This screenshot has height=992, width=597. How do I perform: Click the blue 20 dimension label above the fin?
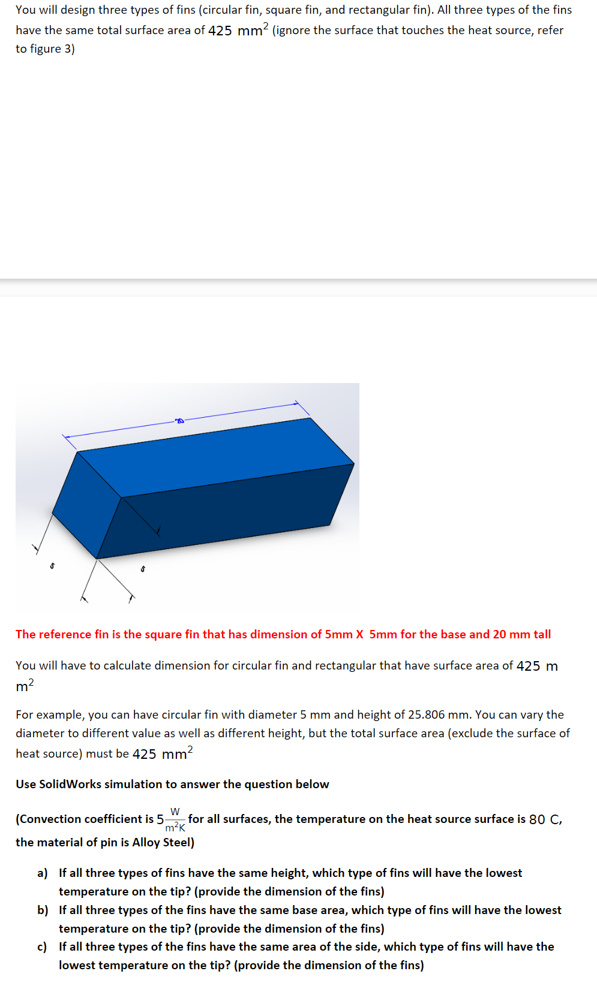tap(179, 421)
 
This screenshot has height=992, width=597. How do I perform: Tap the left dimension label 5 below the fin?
tap(52, 565)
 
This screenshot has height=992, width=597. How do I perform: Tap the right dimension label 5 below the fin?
tap(142, 568)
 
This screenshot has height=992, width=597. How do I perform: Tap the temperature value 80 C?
tap(545, 819)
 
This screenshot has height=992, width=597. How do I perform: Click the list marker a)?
tap(43, 873)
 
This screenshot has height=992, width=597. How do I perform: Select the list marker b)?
tap(43, 910)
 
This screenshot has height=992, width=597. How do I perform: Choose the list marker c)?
tap(42, 946)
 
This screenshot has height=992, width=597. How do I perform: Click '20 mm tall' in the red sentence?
tap(521, 634)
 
